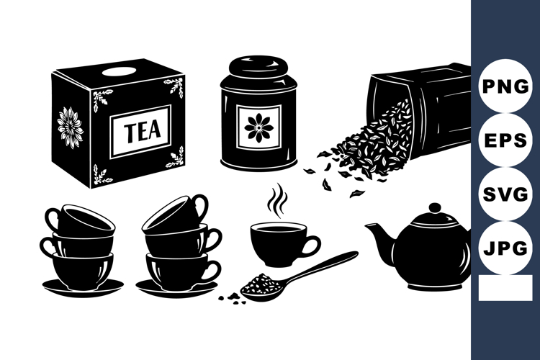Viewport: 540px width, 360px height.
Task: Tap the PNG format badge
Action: (x=505, y=86)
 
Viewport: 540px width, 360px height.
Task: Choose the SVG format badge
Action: (x=505, y=194)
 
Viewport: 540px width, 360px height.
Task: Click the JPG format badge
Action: (x=505, y=248)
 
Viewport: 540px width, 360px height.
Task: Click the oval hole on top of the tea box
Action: (x=115, y=71)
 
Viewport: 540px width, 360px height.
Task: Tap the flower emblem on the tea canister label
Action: (x=258, y=126)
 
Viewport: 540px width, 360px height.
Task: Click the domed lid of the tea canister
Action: (x=259, y=70)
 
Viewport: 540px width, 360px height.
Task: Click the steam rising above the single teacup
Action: (x=276, y=201)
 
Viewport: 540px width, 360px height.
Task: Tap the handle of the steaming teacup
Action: (x=310, y=246)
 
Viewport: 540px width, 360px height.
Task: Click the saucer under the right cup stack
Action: (x=177, y=288)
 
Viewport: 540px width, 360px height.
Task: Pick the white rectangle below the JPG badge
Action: (x=505, y=288)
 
